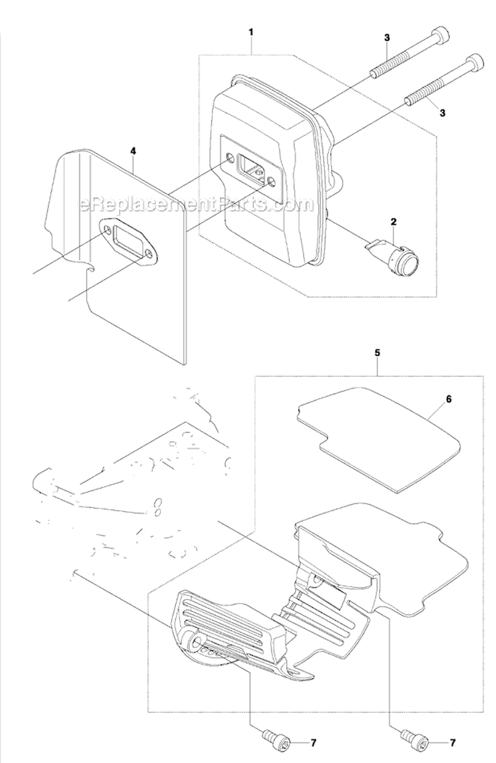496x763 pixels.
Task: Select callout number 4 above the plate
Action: (133, 151)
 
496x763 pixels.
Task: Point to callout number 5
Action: (377, 354)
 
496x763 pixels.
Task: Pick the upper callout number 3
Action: (386, 38)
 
